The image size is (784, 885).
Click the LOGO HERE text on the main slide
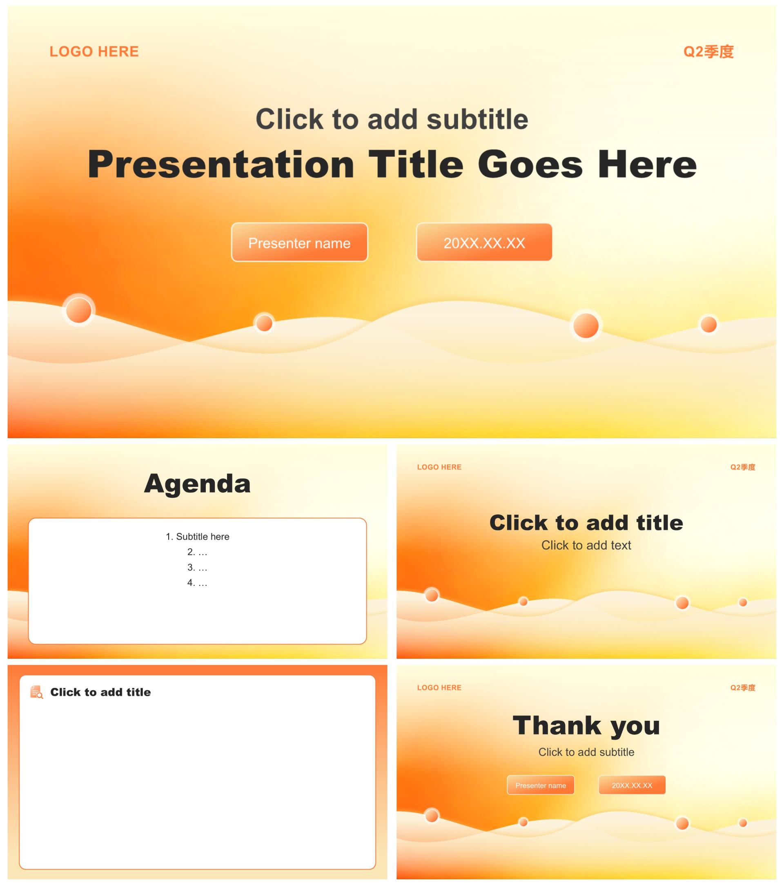tap(94, 51)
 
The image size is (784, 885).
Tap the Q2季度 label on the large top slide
tap(708, 51)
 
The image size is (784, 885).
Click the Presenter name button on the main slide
tap(299, 243)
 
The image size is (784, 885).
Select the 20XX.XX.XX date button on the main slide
tap(484, 243)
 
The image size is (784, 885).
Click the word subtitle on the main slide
tap(477, 119)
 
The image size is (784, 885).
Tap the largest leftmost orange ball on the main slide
tap(79, 310)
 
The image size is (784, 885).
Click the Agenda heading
tap(197, 484)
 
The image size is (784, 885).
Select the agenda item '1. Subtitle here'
tap(197, 537)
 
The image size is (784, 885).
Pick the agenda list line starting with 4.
tap(197, 583)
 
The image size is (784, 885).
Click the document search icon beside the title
tap(36, 692)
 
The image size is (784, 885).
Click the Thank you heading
tap(586, 725)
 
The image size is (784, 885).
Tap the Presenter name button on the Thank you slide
tap(541, 785)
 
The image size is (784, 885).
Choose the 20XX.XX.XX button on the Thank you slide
tap(632, 785)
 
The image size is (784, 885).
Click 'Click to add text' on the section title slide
tap(586, 545)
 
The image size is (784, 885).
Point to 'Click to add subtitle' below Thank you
tap(586, 752)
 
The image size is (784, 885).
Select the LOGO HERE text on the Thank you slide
tap(439, 688)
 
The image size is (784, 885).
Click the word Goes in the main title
tap(530, 165)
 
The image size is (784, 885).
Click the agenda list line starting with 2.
tap(197, 552)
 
